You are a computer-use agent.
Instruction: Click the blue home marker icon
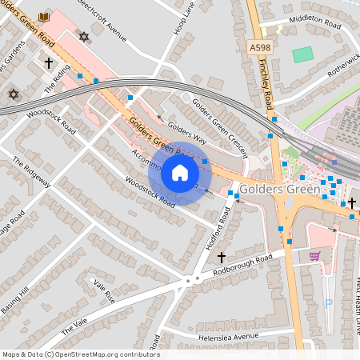[x=180, y=174]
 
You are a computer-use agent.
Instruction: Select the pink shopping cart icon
[x=314, y=256]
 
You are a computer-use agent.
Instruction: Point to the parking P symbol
[x=329, y=303]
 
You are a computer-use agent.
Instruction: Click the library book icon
[x=44, y=17]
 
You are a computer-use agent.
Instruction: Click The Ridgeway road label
[x=31, y=172]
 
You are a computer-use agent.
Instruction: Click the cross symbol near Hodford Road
[x=222, y=257]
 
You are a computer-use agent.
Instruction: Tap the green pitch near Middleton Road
[x=302, y=54]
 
